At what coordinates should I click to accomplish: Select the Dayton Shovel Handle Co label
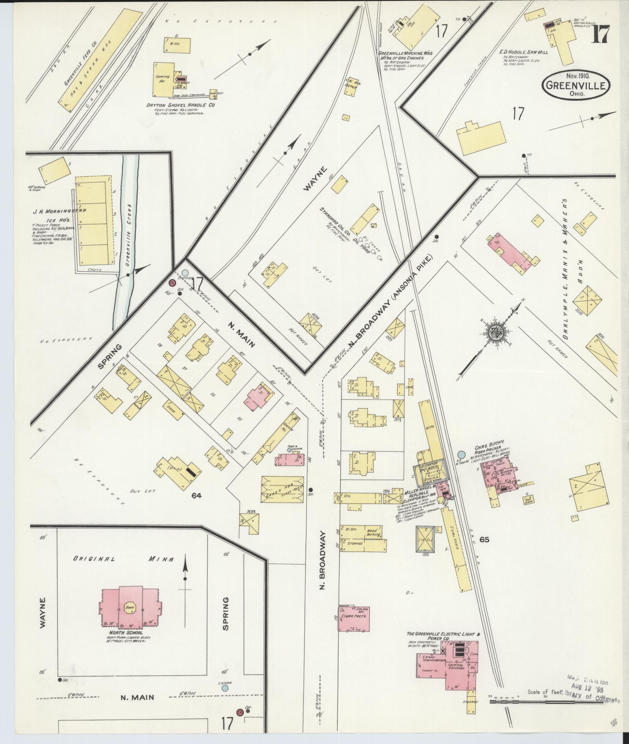pos(181,105)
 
